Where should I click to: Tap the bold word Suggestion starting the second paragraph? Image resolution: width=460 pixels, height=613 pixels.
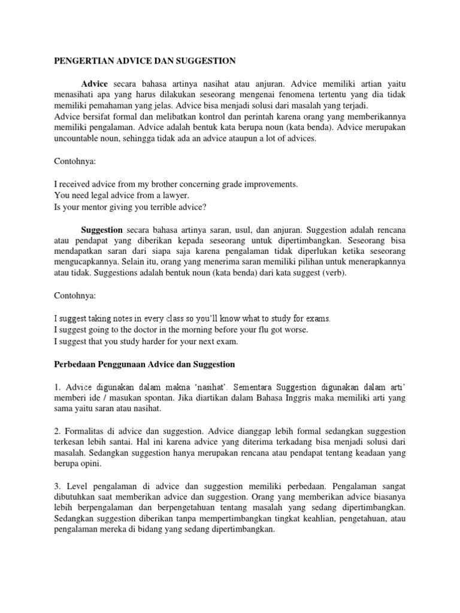coord(102,229)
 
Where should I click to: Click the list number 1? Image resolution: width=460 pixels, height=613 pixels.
coord(56,386)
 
